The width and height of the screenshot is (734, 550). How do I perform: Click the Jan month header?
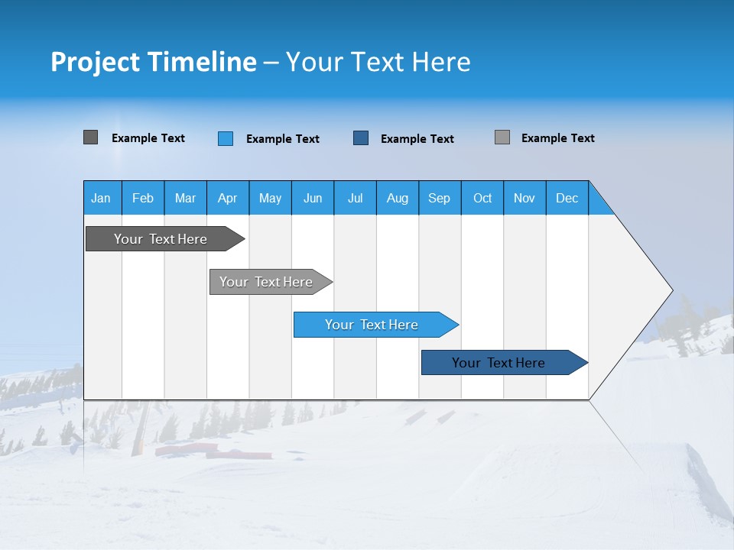[x=101, y=198]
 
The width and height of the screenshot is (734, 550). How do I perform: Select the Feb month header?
[x=143, y=198]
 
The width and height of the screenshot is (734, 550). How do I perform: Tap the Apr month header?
[x=227, y=198]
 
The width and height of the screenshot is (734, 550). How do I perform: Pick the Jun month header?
[x=313, y=198]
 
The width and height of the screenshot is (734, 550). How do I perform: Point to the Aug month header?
[x=397, y=198]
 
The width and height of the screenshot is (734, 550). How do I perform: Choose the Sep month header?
[x=439, y=198]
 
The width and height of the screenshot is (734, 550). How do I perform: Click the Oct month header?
[x=482, y=198]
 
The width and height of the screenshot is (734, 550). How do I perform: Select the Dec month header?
[x=567, y=198]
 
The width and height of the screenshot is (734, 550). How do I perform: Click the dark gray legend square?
[x=91, y=137]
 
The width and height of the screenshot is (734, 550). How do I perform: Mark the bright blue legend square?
[x=226, y=138]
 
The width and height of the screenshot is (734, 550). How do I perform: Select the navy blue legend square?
[x=361, y=138]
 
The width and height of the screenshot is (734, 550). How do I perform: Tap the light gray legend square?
[x=502, y=137]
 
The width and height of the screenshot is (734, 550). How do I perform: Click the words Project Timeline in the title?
[x=153, y=62]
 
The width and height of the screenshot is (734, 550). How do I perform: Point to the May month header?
[x=270, y=198]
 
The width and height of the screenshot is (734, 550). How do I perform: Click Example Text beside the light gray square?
[x=557, y=138]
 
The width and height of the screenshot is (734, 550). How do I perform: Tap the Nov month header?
[x=525, y=198]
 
